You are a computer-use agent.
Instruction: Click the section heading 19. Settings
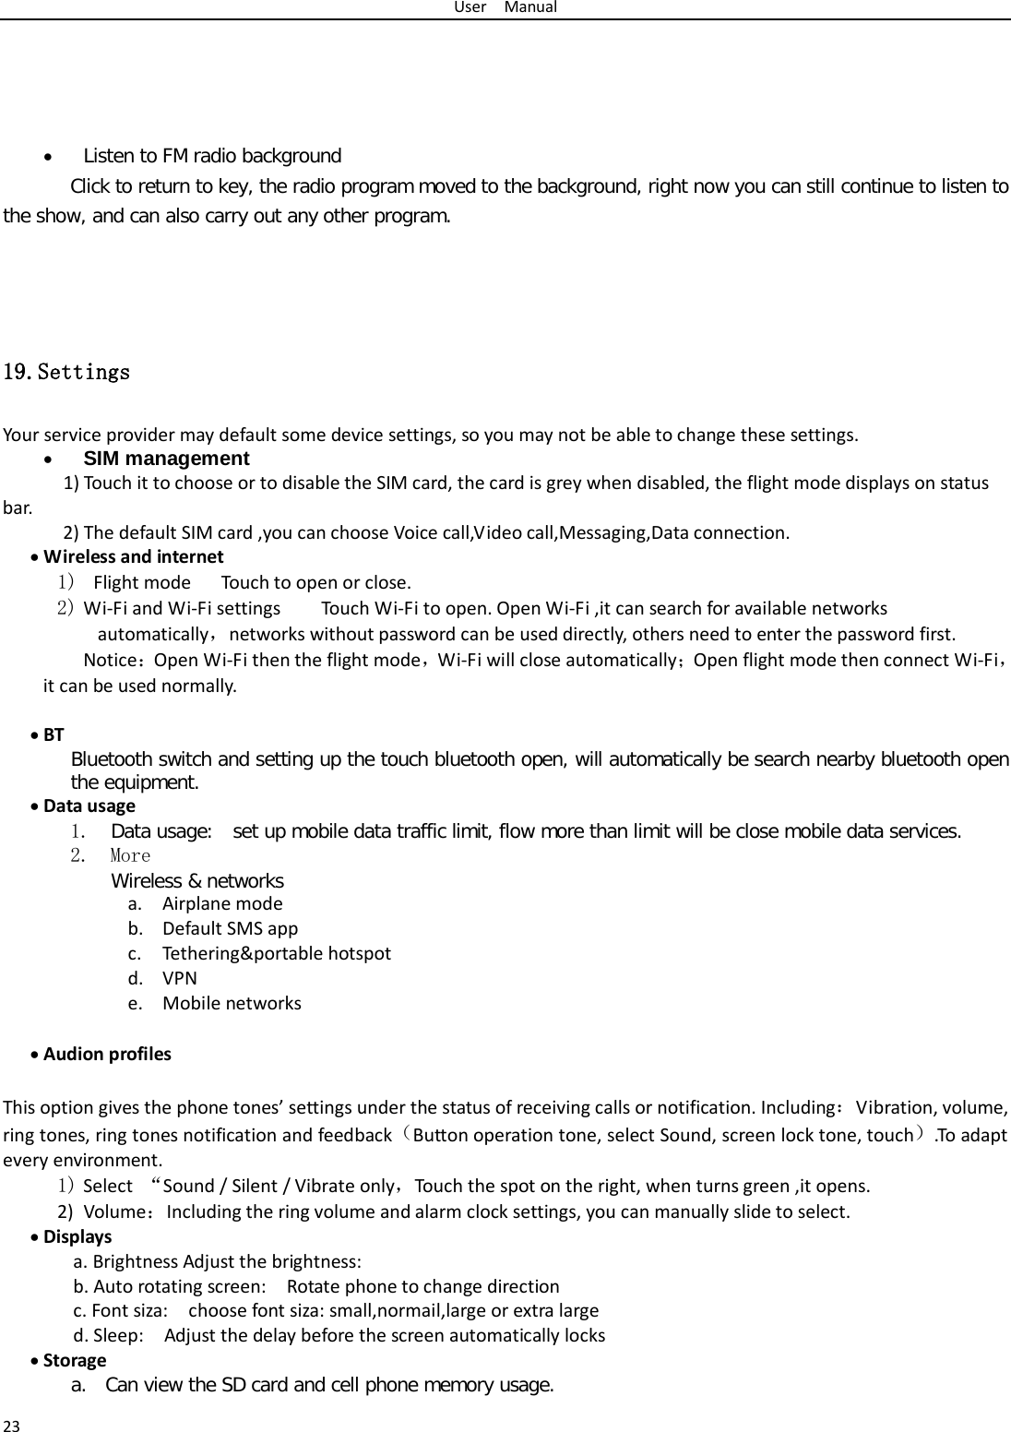(67, 373)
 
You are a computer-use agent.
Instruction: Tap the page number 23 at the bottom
(12, 1425)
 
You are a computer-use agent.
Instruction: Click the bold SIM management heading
(166, 459)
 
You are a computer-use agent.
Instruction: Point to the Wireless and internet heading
(133, 556)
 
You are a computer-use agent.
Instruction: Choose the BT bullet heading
(54, 734)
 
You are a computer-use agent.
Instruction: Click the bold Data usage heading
(89, 805)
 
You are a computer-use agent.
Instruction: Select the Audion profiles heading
(107, 1054)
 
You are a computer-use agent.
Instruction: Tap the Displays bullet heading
(77, 1236)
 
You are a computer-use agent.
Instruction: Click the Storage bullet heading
(75, 1360)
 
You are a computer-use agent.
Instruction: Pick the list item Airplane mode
(222, 903)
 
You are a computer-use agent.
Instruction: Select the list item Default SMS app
(230, 928)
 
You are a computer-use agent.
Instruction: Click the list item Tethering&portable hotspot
(276, 953)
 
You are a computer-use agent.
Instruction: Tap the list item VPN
(179, 978)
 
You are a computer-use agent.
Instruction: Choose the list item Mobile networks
(232, 1003)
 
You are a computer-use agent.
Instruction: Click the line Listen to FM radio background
(212, 155)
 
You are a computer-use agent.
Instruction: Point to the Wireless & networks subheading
(197, 880)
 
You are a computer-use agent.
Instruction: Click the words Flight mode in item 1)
(142, 582)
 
